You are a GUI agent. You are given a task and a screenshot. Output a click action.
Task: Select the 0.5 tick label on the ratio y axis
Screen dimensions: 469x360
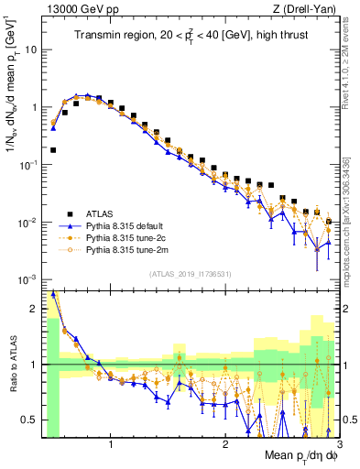click(29, 420)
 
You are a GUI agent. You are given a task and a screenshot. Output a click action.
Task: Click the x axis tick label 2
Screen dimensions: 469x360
click(225, 445)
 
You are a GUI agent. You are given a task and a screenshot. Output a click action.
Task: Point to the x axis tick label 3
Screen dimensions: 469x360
click(338, 445)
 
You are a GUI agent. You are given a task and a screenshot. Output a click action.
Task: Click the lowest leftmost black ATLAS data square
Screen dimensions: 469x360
click(53, 149)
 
